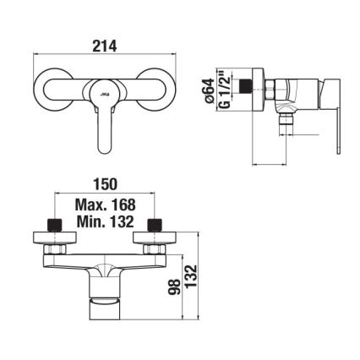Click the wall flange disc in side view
coord(262,88)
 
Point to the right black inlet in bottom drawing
coord(154,226)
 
